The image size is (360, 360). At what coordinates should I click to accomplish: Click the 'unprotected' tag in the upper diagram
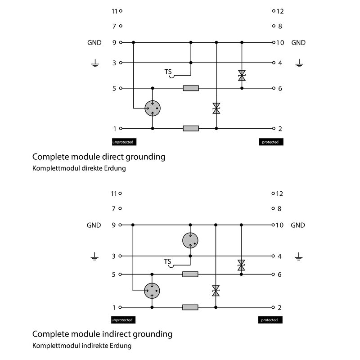(123, 142)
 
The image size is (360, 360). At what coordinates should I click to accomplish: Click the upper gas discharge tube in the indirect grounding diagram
(190, 240)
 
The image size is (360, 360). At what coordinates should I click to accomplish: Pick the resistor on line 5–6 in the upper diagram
(191, 88)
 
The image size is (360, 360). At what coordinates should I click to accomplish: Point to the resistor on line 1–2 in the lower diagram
(190, 307)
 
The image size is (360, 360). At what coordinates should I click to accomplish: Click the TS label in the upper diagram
(168, 72)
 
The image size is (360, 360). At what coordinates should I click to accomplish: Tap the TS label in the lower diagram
(167, 261)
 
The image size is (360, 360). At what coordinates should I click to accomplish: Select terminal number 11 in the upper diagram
(114, 11)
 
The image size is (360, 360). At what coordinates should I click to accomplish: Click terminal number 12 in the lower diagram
(279, 193)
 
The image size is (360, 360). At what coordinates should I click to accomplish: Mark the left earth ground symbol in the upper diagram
(94, 64)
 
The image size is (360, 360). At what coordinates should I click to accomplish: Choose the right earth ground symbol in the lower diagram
(298, 257)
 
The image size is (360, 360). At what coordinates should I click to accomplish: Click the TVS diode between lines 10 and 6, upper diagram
(242, 75)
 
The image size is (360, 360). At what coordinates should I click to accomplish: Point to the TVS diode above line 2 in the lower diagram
(216, 291)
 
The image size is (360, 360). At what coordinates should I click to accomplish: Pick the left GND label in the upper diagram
(94, 43)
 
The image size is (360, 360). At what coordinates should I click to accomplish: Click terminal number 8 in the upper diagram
(279, 26)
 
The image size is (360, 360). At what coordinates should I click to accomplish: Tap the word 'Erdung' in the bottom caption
(121, 346)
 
